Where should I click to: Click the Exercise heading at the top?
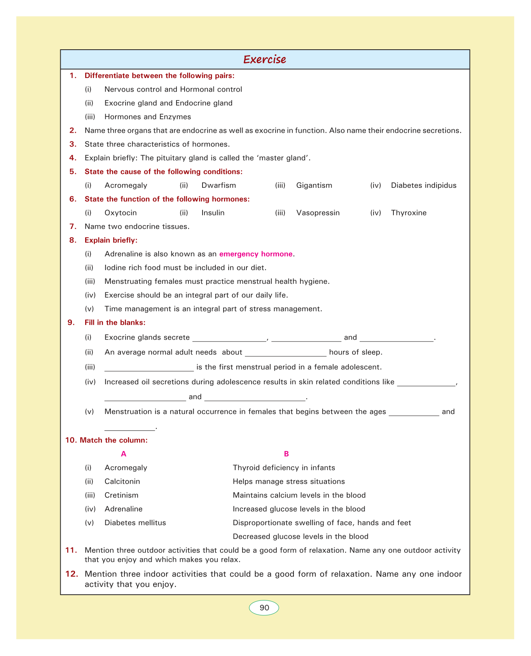pyautogui.click(x=265, y=59)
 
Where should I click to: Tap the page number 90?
pyautogui.click(x=264, y=607)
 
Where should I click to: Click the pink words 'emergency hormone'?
pyautogui.click(x=256, y=254)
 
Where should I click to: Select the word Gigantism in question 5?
pyautogui.click(x=314, y=185)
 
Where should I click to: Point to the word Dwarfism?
pyautogui.click(x=218, y=185)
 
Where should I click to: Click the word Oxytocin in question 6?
pyautogui.click(x=121, y=213)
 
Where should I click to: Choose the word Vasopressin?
pyautogui.click(x=318, y=213)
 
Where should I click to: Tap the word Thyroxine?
pyautogui.click(x=409, y=213)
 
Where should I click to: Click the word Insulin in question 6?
pyautogui.click(x=213, y=213)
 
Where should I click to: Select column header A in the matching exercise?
pyautogui.click(x=124, y=454)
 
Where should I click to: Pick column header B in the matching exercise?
pyautogui.click(x=286, y=454)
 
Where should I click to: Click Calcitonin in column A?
pyautogui.click(x=122, y=481)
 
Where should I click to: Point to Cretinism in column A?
pyautogui.click(x=121, y=495)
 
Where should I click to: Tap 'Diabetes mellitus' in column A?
pyautogui.click(x=135, y=523)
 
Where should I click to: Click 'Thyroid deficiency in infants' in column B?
pyautogui.click(x=284, y=468)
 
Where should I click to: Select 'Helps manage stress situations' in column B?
pyautogui.click(x=288, y=481)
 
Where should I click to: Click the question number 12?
pyautogui.click(x=72, y=574)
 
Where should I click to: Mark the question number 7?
pyautogui.click(x=73, y=226)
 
